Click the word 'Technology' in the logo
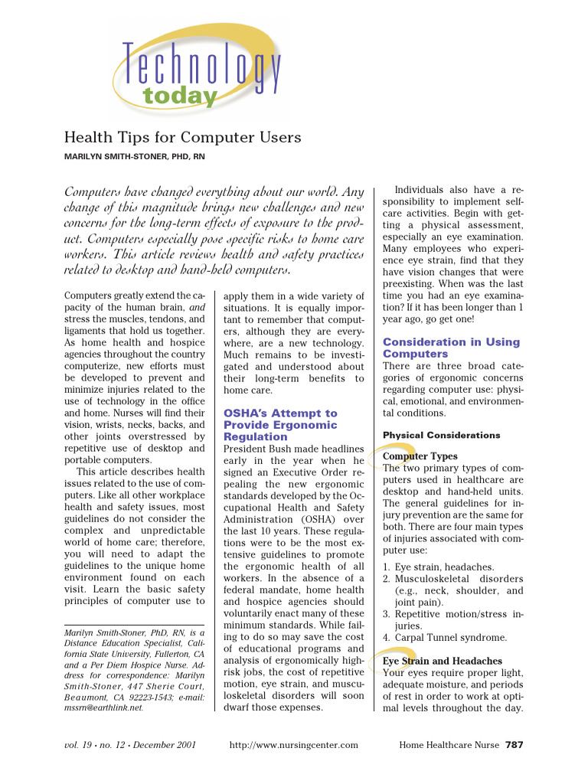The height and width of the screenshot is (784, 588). click(201, 66)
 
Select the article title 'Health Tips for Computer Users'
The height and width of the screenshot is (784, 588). click(182, 138)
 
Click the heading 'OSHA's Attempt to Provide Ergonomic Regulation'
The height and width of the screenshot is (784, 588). click(280, 425)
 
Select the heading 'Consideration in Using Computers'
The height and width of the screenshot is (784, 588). click(451, 348)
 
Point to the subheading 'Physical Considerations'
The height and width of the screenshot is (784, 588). click(442, 436)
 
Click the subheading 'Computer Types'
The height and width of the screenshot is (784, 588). click(420, 456)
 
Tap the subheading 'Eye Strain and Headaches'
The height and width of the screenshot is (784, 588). click(443, 661)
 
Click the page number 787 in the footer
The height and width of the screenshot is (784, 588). click(514, 744)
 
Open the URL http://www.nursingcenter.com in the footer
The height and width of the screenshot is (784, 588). click(294, 744)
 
